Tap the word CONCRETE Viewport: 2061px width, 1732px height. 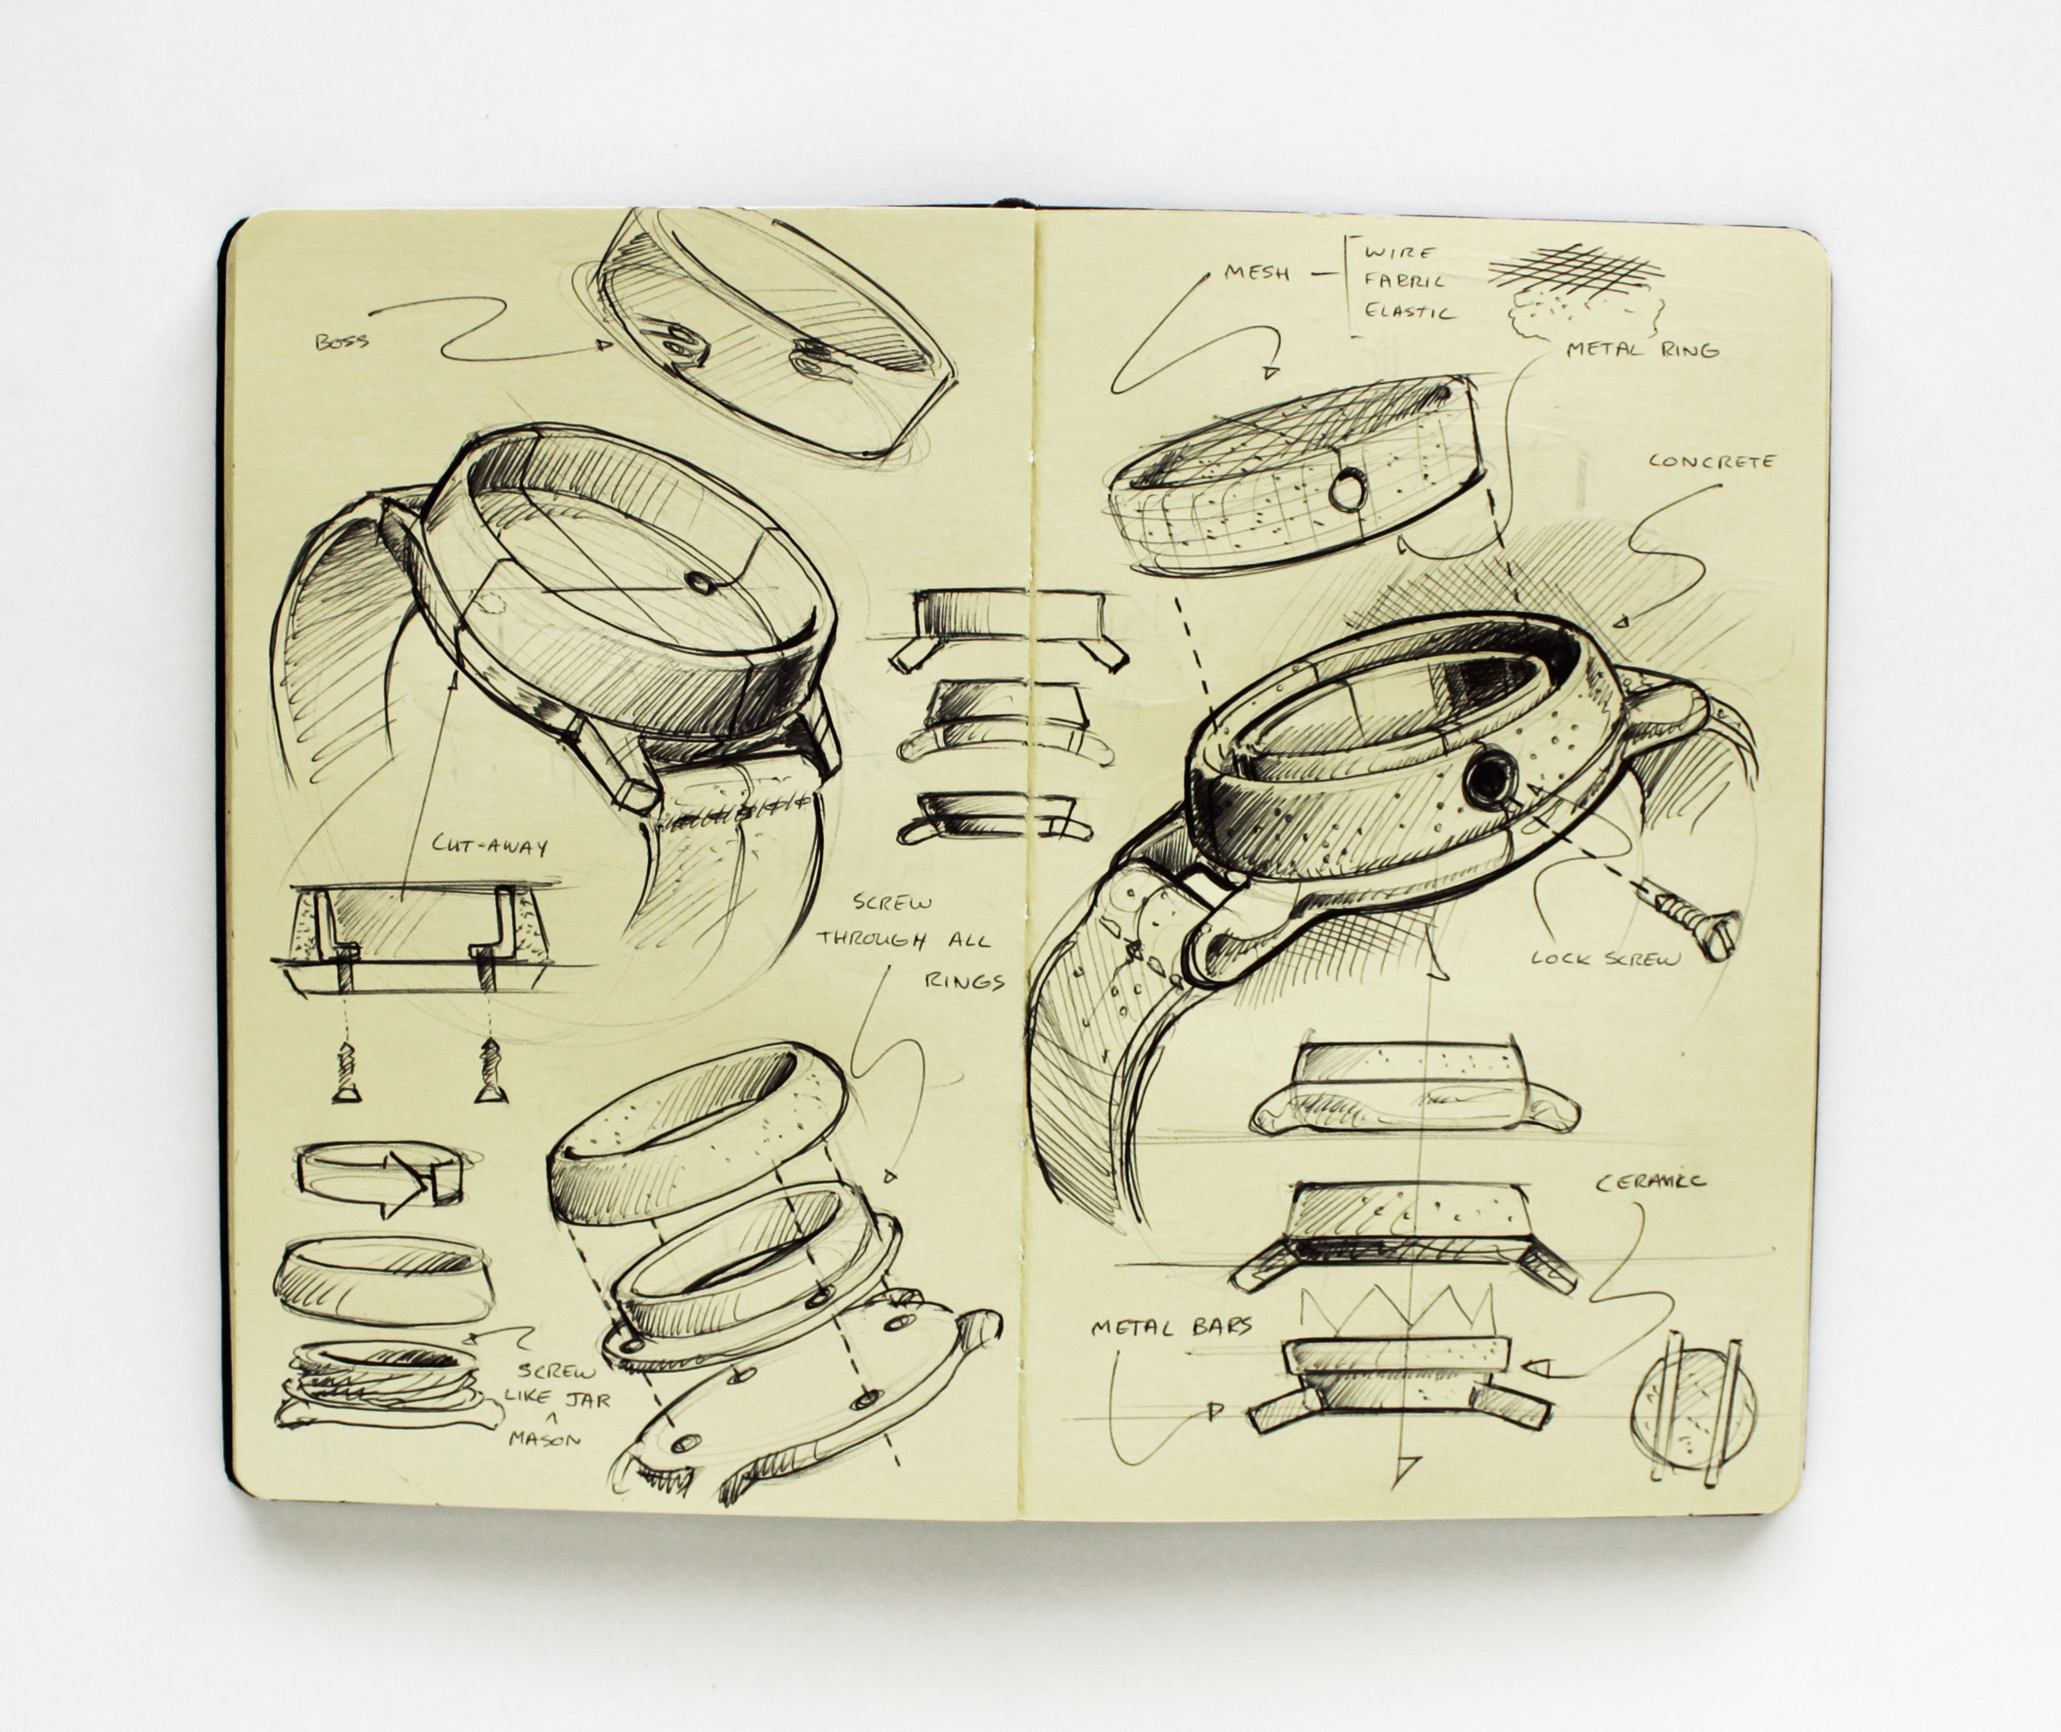point(1711,461)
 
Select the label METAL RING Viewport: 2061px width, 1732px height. point(1642,349)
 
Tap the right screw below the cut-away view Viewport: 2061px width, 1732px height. point(487,1066)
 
